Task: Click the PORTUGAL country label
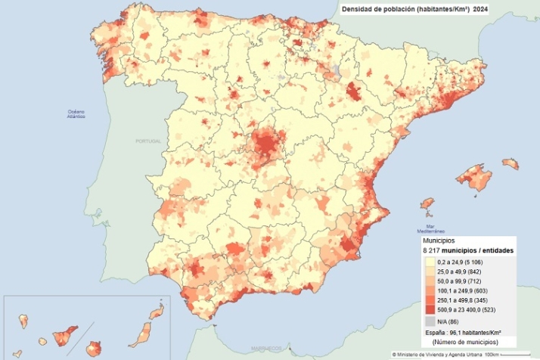[149, 141]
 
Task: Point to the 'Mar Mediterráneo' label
[434, 228]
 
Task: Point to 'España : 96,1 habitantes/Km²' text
[464, 332]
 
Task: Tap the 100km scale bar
[522, 354]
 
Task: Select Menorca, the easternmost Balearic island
[510, 163]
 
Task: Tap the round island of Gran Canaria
[94, 349]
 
